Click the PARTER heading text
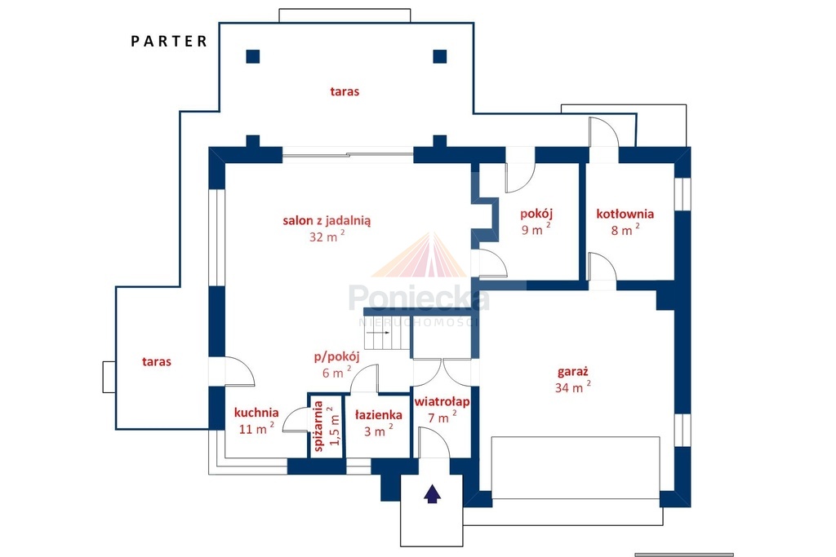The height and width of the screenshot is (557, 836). click(169, 41)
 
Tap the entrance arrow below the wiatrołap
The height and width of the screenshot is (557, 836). click(433, 493)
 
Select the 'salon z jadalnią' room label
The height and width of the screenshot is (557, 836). click(327, 220)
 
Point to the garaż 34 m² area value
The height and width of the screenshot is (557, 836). click(572, 387)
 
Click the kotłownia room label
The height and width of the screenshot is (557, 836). click(625, 214)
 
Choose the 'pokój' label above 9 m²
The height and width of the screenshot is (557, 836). click(536, 214)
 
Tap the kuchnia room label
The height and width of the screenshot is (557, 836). click(256, 413)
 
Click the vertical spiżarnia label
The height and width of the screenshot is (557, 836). click(319, 426)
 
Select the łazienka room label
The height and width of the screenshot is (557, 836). click(379, 415)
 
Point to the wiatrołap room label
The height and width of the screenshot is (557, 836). click(442, 401)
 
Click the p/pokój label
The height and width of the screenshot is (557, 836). click(336, 356)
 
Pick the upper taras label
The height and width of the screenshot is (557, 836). click(345, 91)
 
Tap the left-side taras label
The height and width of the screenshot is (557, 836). click(157, 362)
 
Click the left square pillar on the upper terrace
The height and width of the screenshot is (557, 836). click(253, 56)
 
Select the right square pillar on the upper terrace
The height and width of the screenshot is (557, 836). click(440, 56)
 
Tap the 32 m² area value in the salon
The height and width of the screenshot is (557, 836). click(327, 237)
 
